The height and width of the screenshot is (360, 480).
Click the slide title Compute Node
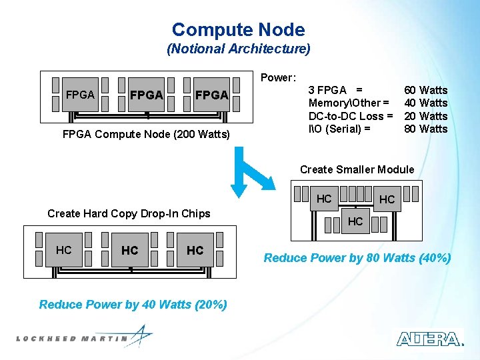(x=238, y=30)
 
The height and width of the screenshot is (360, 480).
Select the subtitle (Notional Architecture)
(x=238, y=49)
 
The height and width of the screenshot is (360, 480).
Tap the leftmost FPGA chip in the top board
(x=80, y=95)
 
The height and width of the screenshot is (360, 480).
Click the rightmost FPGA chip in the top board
(x=211, y=95)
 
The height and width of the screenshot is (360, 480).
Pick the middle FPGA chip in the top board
(x=146, y=95)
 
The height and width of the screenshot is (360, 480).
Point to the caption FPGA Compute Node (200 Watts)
(x=145, y=135)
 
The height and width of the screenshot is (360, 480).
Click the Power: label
(x=278, y=77)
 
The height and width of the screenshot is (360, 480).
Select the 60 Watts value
(x=426, y=90)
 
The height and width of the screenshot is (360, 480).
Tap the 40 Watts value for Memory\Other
(x=426, y=103)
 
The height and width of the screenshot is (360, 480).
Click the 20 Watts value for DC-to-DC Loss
(x=426, y=116)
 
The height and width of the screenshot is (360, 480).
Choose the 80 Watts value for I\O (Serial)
(x=426, y=129)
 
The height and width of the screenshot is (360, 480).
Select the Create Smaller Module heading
(x=357, y=169)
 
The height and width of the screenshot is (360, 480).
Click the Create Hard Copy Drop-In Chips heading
(x=129, y=213)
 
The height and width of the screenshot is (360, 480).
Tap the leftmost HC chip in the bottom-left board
(x=64, y=250)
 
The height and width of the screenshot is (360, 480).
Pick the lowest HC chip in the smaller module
(x=355, y=221)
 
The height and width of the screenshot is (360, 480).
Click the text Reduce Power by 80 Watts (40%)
(x=357, y=258)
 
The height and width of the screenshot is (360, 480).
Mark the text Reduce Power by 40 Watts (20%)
(x=133, y=305)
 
